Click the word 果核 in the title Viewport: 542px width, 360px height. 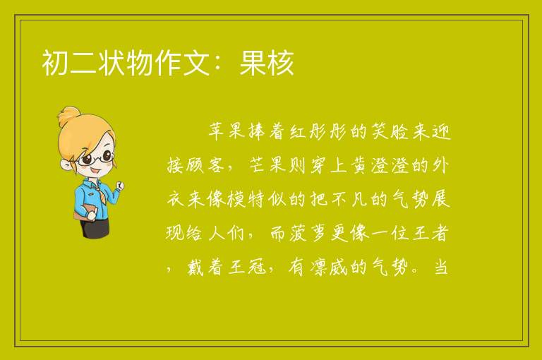click(267, 63)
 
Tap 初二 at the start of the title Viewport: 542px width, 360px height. click(69, 63)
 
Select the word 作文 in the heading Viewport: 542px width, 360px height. click(182, 63)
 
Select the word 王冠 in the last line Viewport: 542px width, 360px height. click(247, 267)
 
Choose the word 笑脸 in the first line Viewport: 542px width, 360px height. click(390, 132)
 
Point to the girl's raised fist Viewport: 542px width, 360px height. click(120, 186)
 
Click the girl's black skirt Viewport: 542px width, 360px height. click(95, 227)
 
